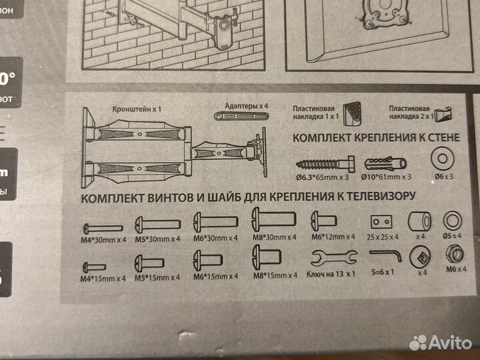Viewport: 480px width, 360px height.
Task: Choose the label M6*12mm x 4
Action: [x=329, y=237]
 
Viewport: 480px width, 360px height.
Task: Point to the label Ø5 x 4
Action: [x=453, y=236]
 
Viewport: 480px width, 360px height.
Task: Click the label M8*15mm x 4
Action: [x=273, y=273]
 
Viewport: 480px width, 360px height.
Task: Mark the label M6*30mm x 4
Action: [x=215, y=237]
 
